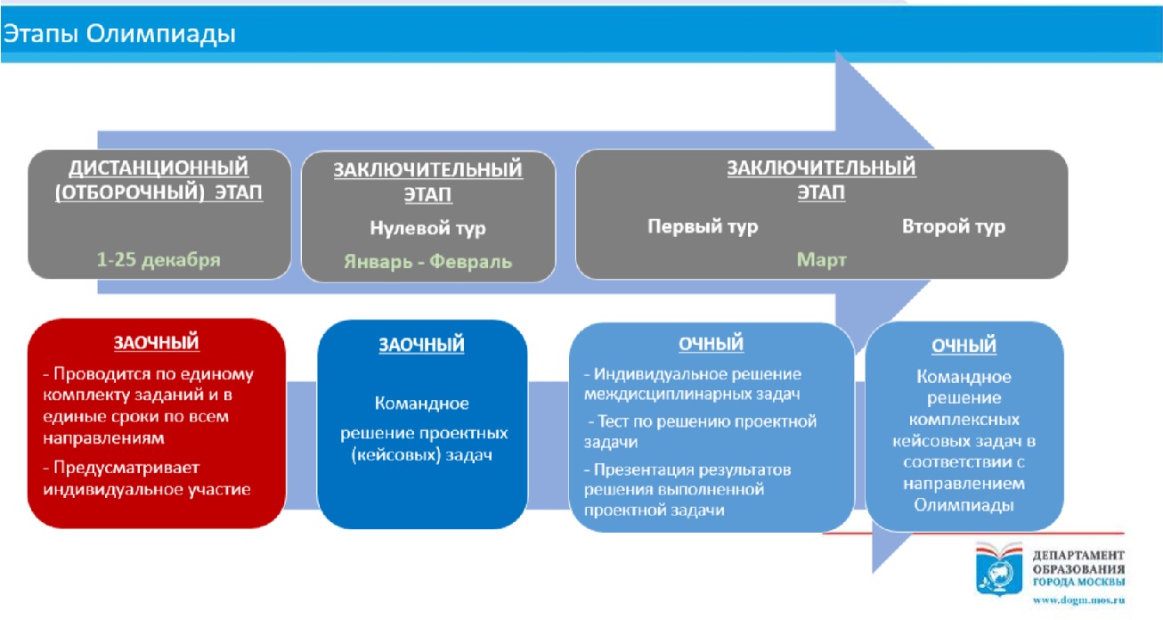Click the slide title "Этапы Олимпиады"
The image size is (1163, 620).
119,34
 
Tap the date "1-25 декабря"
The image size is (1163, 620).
159,259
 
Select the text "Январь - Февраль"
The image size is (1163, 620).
427,261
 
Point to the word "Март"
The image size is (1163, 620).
821,259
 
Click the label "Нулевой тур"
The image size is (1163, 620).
427,228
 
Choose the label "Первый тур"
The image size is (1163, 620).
703,226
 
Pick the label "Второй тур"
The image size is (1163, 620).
953,226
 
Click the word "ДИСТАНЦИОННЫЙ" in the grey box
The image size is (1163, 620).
159,167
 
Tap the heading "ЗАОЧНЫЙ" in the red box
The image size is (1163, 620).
156,343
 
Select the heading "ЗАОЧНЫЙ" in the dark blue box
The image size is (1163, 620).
421,345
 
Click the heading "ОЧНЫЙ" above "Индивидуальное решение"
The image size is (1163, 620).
711,344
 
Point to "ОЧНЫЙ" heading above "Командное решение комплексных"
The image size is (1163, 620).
964,346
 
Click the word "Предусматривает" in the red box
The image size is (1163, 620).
126,468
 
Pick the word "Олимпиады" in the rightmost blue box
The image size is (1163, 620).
964,505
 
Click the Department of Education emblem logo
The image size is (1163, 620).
999,568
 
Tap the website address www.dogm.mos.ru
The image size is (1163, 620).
1078,600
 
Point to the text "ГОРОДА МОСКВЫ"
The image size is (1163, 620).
1078,582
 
